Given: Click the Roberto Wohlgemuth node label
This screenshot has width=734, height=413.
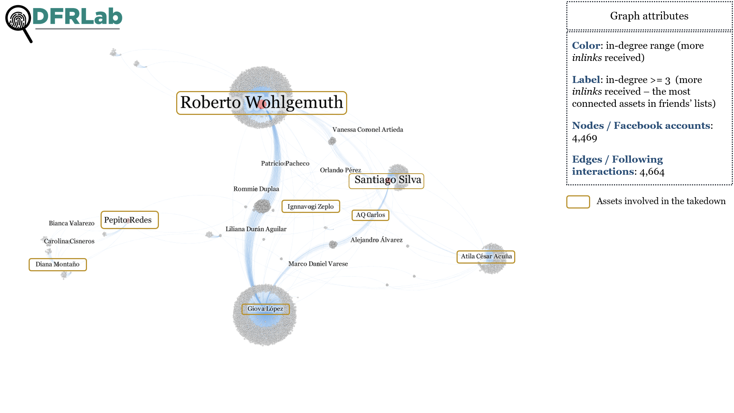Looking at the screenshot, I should [x=261, y=103].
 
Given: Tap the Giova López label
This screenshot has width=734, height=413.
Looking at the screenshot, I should [x=265, y=309].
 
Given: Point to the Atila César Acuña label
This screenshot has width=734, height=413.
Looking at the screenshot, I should [x=486, y=257].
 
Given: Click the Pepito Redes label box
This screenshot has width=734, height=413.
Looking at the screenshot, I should [x=130, y=220].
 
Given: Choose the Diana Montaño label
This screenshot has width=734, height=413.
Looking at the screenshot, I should [x=58, y=264].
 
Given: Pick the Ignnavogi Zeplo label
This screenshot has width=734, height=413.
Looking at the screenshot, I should [x=310, y=206].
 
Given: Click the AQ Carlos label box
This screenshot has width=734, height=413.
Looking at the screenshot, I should [x=370, y=215].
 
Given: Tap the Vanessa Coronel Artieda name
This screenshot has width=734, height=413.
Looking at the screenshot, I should [x=368, y=130].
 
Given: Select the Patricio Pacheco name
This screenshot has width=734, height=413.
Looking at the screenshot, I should [x=285, y=163].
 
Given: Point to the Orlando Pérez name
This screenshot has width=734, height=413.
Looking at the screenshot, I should [x=341, y=170].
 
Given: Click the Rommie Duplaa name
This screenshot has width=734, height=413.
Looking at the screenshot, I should [x=256, y=189].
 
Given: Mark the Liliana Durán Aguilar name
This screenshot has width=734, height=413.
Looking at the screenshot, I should [x=256, y=229].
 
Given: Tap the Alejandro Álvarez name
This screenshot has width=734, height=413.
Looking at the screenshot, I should [x=377, y=240].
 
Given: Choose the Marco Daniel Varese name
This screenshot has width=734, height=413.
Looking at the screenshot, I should [x=318, y=264].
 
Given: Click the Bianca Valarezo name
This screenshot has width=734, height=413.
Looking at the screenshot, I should [x=72, y=223].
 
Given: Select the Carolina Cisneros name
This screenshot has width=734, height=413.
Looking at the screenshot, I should [x=69, y=241].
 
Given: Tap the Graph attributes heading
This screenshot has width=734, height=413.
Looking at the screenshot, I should [x=649, y=16].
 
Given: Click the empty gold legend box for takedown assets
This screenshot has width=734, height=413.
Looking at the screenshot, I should [x=578, y=202].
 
